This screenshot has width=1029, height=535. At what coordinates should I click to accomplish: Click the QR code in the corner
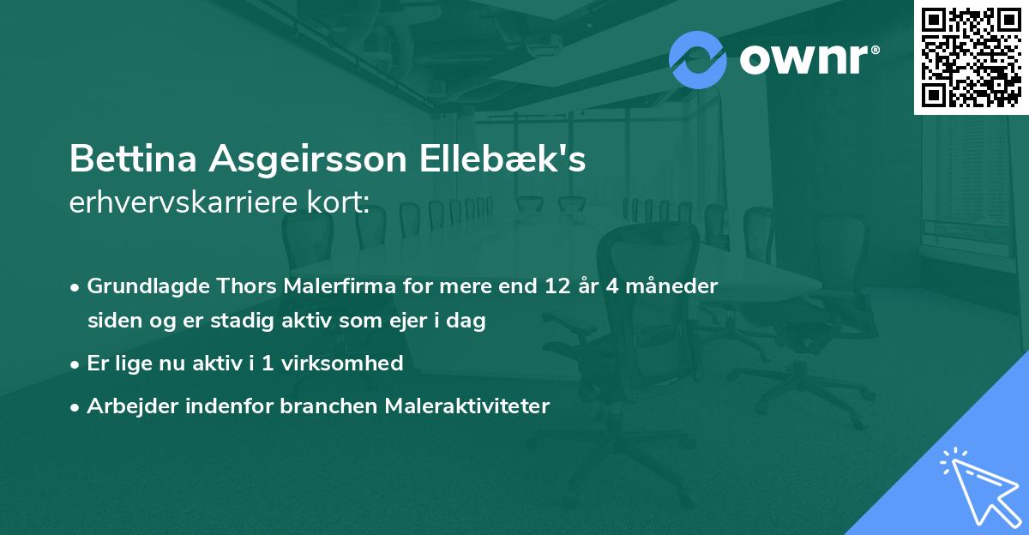(971, 57)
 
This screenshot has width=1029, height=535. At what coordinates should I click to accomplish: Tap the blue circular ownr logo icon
(698, 59)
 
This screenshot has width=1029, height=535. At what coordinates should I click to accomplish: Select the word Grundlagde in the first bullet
(138, 286)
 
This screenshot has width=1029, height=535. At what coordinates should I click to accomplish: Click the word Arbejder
(129, 406)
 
